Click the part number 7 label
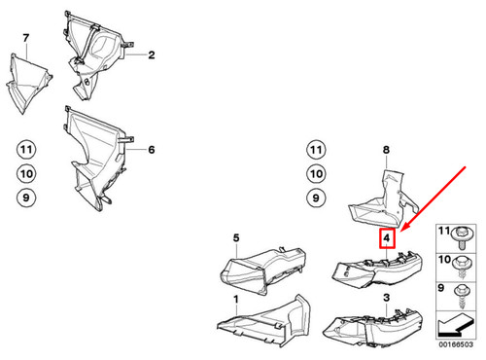pos(26,38)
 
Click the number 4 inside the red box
pos(387,238)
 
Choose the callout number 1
pos(234,313)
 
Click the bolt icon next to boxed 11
pos(467,259)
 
